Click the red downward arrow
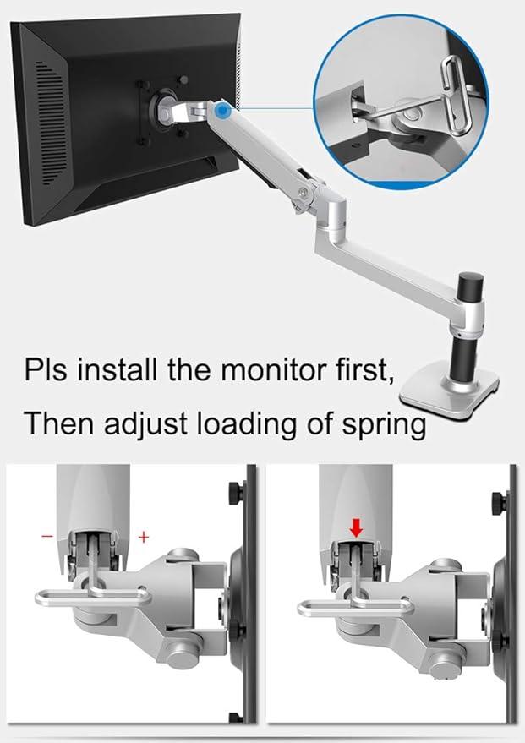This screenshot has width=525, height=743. click(356, 528)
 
